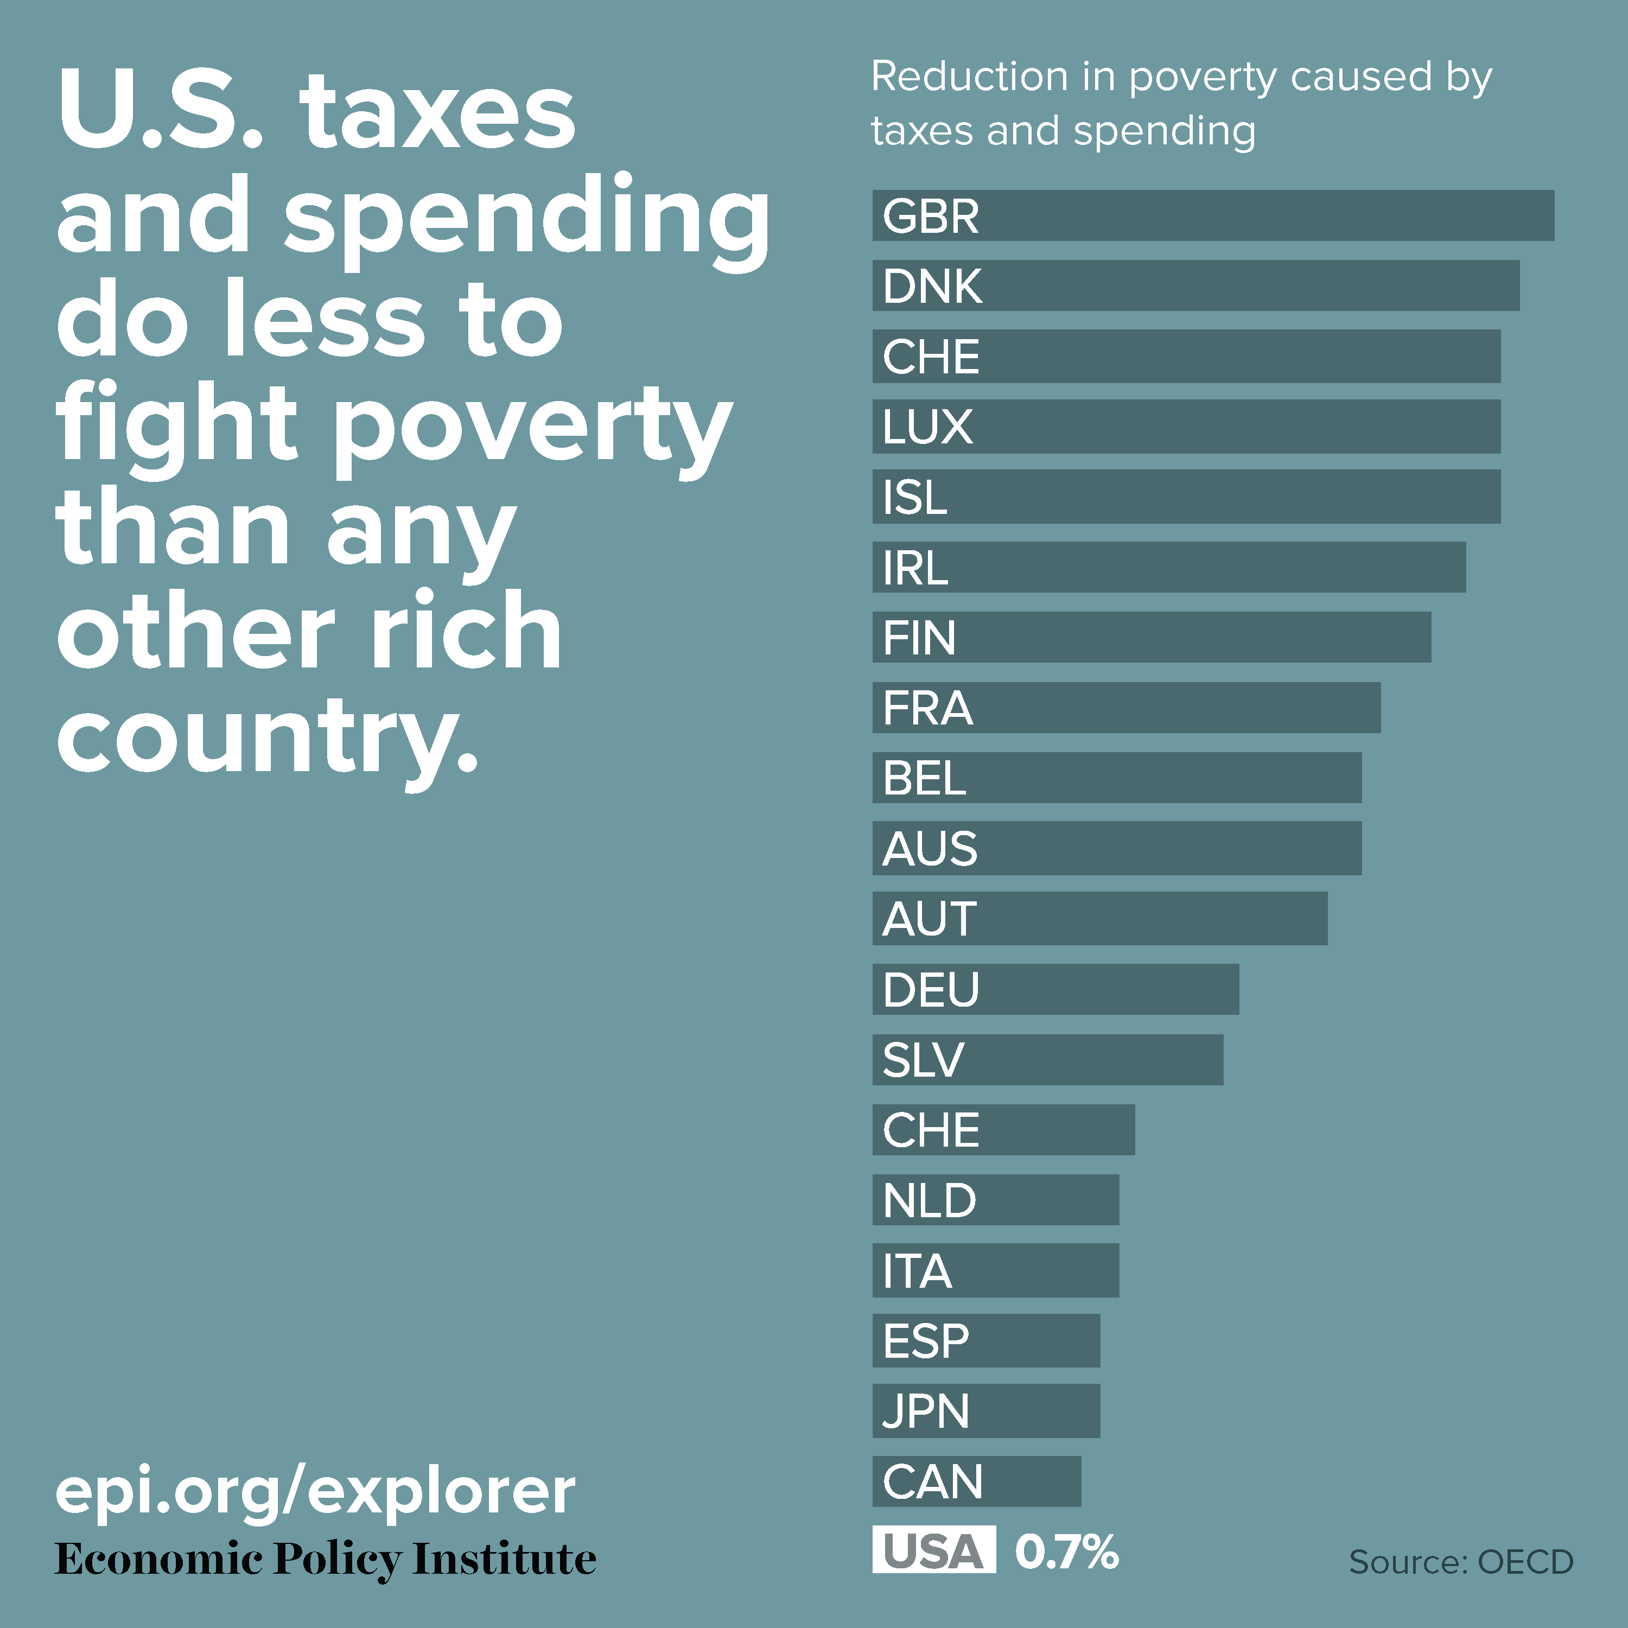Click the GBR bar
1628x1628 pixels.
[x=1213, y=216]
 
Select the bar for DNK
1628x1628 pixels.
[x=1197, y=285]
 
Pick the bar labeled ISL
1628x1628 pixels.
[x=1186, y=497]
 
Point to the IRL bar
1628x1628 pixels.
[x=1169, y=567]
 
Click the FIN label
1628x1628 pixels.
[x=919, y=637]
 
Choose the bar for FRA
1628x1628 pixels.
[x=1127, y=708]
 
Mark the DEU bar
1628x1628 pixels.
[x=1056, y=989]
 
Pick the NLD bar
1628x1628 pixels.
[x=996, y=1200]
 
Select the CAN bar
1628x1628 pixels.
[x=977, y=1481]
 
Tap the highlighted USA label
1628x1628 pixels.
[x=933, y=1551]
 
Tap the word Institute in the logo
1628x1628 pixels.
[x=505, y=1559]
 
